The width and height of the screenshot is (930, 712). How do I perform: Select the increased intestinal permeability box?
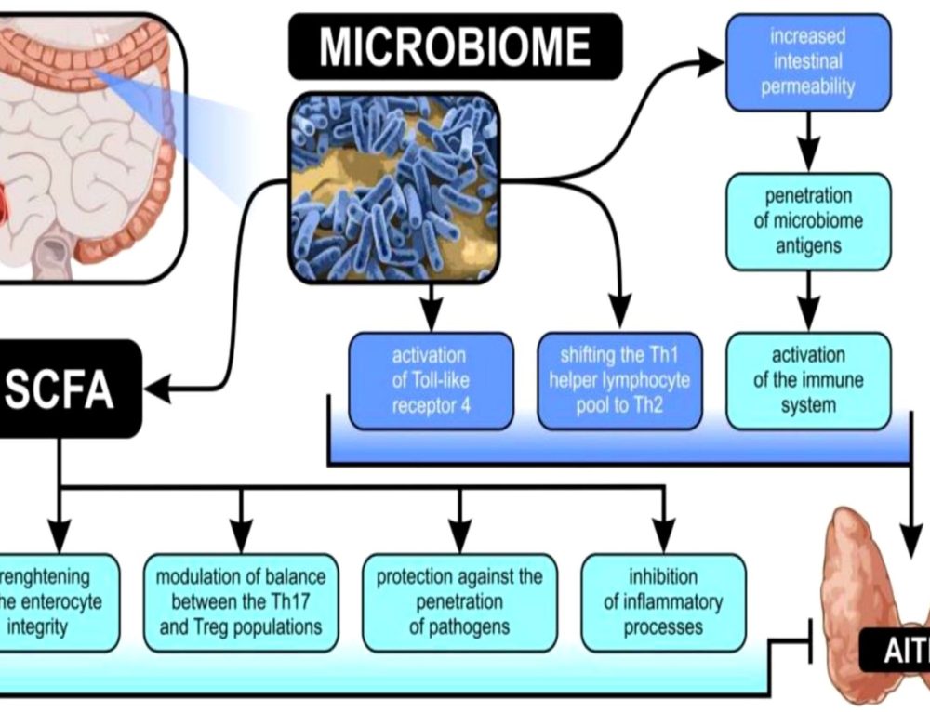coord(807,62)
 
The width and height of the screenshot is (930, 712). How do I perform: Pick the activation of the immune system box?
coord(807,380)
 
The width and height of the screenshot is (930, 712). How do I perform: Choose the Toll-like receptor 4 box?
coord(431,380)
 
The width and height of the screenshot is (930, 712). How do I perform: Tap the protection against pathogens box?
coord(459,601)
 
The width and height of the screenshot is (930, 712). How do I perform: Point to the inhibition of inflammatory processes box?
coord(663,601)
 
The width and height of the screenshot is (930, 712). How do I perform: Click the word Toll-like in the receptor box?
coord(431,380)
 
